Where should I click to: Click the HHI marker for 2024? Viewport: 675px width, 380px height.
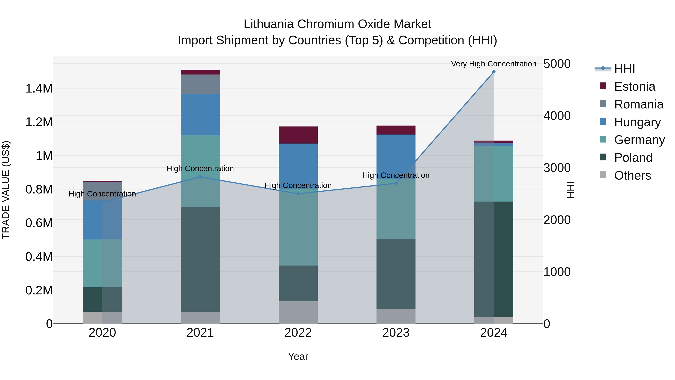click(494, 72)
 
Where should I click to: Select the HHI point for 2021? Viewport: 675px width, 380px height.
click(200, 177)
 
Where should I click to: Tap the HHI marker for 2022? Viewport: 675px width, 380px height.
click(298, 194)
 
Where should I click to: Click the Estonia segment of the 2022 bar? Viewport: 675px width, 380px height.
click(298, 135)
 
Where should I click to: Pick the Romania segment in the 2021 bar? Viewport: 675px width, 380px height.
click(200, 84)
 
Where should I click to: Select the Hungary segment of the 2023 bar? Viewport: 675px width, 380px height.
click(396, 157)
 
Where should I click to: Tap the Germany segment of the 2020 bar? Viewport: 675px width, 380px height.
click(102, 263)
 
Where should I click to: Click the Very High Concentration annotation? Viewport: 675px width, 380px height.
click(493, 64)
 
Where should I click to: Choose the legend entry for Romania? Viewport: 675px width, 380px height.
click(639, 104)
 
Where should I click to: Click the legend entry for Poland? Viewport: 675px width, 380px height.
click(633, 158)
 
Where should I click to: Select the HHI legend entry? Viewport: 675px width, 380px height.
click(624, 69)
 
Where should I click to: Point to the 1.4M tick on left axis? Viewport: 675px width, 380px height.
click(39, 89)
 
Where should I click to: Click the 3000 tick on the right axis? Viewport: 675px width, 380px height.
click(557, 168)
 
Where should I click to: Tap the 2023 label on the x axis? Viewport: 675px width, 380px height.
click(396, 333)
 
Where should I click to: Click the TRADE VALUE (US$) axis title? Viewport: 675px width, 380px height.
click(6, 190)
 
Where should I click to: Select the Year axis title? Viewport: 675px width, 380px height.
click(298, 356)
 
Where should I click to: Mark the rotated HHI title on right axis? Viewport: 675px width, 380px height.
click(570, 190)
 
